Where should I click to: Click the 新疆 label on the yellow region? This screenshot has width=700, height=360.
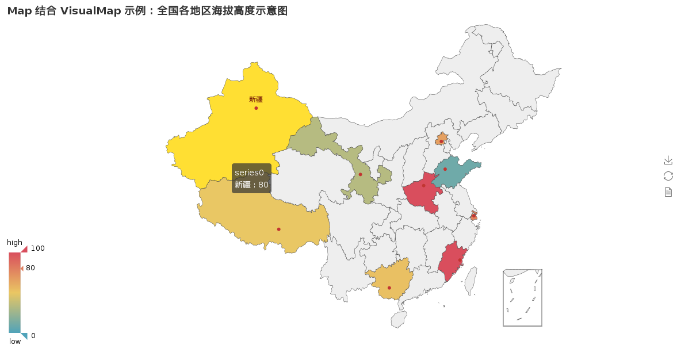click(x=256, y=99)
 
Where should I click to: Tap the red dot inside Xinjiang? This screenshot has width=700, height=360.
click(x=256, y=108)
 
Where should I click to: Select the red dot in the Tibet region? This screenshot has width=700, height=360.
click(x=279, y=229)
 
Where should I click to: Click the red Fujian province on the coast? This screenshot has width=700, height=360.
click(x=452, y=262)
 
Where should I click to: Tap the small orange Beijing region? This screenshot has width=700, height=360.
click(x=441, y=140)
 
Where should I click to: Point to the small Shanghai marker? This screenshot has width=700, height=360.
click(x=473, y=216)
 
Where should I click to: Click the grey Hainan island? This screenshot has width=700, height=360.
click(x=399, y=319)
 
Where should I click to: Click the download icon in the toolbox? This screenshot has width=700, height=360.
click(x=668, y=160)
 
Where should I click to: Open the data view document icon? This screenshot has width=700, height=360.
click(x=668, y=192)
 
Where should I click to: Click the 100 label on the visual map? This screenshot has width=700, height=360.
click(x=37, y=248)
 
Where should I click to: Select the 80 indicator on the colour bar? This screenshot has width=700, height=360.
click(x=30, y=268)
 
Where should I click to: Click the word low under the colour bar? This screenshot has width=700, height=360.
click(x=15, y=342)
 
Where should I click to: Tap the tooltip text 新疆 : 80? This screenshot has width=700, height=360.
click(x=251, y=185)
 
